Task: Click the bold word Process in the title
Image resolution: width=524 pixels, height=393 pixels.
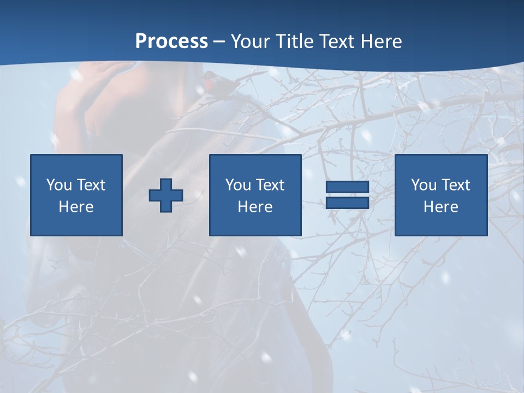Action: (x=171, y=41)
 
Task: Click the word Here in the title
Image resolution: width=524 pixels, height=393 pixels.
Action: (x=382, y=41)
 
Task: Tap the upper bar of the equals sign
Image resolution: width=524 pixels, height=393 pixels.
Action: (x=347, y=187)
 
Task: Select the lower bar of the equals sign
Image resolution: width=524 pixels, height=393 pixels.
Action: (x=347, y=203)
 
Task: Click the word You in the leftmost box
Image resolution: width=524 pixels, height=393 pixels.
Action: (x=59, y=185)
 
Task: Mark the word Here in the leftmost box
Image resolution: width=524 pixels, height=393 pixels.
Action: (x=76, y=207)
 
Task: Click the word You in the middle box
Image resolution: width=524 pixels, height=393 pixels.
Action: (x=238, y=185)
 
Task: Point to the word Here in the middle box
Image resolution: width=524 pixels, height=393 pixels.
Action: (x=255, y=207)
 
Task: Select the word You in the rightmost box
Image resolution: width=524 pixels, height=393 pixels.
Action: (x=424, y=185)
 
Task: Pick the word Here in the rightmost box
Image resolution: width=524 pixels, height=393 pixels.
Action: (x=441, y=207)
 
